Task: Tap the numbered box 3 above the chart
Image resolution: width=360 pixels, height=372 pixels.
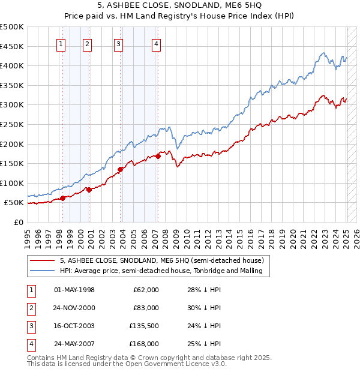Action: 119,43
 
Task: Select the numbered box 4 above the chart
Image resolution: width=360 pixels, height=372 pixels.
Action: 156,43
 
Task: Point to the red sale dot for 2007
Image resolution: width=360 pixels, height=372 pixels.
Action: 158,156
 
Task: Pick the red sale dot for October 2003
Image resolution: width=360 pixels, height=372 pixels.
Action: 121,169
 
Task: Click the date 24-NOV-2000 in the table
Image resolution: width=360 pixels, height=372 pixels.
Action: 74,308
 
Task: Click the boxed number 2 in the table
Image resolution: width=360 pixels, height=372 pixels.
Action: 29,308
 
